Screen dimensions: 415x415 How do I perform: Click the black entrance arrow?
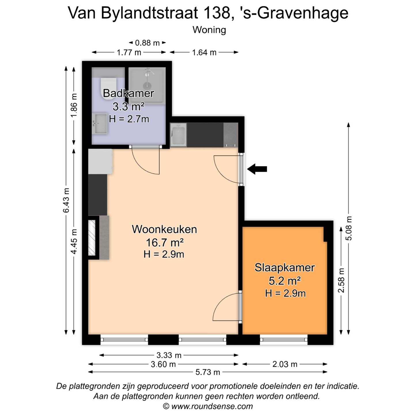tap(257, 169)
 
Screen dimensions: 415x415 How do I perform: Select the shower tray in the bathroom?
tap(147, 85)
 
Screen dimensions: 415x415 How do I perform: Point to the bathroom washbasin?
tap(100, 124)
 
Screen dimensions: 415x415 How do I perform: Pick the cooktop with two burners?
tap(231, 135)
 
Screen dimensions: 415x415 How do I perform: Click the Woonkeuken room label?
tap(164, 229)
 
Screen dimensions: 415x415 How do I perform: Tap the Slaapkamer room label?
tap(284, 268)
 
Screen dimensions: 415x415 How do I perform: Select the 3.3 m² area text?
tap(128, 107)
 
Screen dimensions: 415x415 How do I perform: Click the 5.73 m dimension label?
tap(207, 372)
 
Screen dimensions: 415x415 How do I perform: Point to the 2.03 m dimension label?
tap(285, 364)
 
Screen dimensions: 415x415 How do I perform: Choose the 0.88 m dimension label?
tap(147, 43)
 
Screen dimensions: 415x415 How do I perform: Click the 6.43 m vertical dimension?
tap(66, 200)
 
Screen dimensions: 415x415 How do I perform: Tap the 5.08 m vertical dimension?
tap(349, 228)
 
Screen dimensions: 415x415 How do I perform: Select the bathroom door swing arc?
tap(146, 161)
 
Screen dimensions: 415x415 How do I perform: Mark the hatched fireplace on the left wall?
tap(92, 238)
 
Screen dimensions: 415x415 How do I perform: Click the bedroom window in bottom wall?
tap(284, 339)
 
